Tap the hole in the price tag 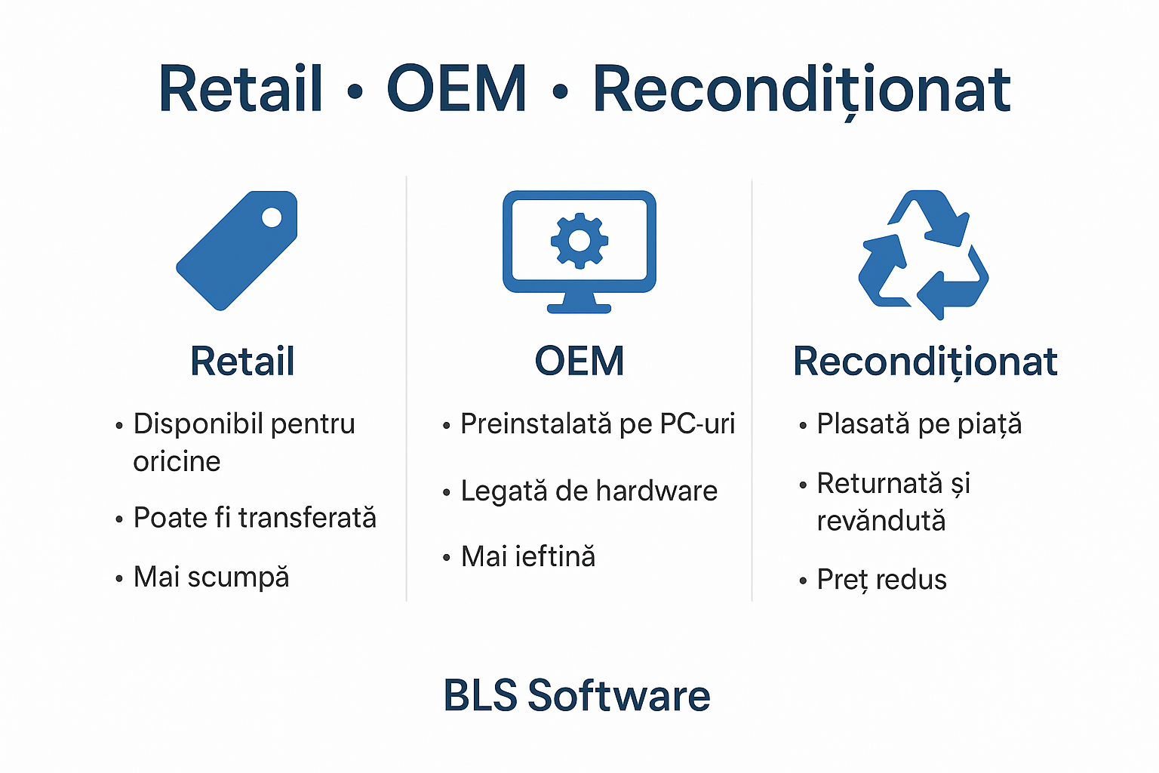[272, 218]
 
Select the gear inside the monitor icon [579, 241]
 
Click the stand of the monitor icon [579, 303]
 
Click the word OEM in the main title [457, 89]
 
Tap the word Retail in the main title [241, 89]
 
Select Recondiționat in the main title [801, 89]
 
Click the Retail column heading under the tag [242, 361]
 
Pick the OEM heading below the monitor [579, 361]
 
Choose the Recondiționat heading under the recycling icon [925, 362]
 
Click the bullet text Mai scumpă [211, 577]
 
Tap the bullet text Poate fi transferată [254, 518]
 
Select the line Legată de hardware [589, 491]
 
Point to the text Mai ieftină [528, 557]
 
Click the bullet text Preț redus [881, 580]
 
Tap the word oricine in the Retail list [177, 461]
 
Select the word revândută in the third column [881, 521]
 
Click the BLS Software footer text [576, 695]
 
